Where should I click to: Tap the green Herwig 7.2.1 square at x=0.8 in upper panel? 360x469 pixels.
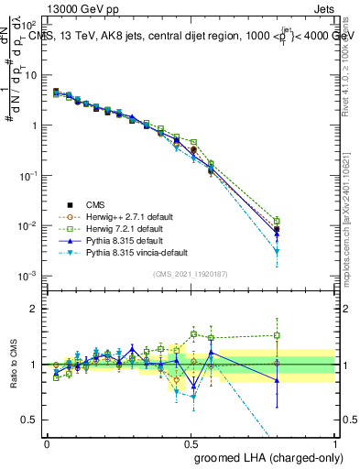[278, 221]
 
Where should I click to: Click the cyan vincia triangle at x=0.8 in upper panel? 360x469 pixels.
[278, 251]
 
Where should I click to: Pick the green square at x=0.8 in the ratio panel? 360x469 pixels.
[278, 336]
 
